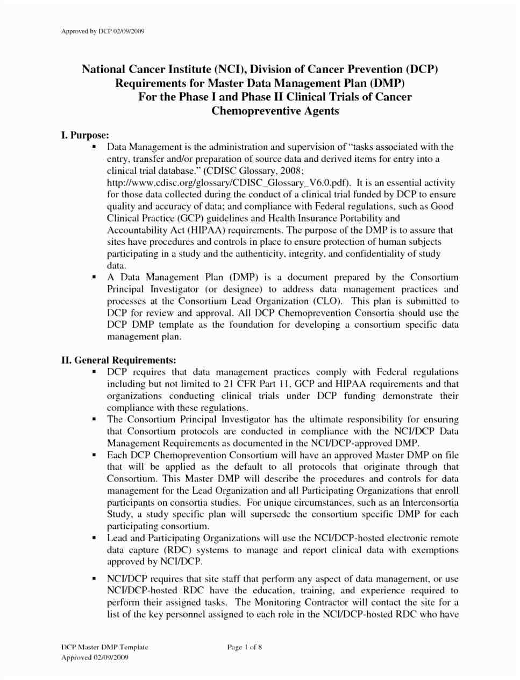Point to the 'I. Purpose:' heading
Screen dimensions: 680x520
[86, 136]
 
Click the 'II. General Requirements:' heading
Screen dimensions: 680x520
[118, 360]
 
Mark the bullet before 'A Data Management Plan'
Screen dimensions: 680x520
[94, 278]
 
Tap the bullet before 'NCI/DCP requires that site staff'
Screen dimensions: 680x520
[94, 579]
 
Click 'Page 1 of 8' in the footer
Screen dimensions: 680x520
[245, 647]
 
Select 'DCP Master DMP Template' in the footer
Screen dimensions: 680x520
[104, 647]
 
